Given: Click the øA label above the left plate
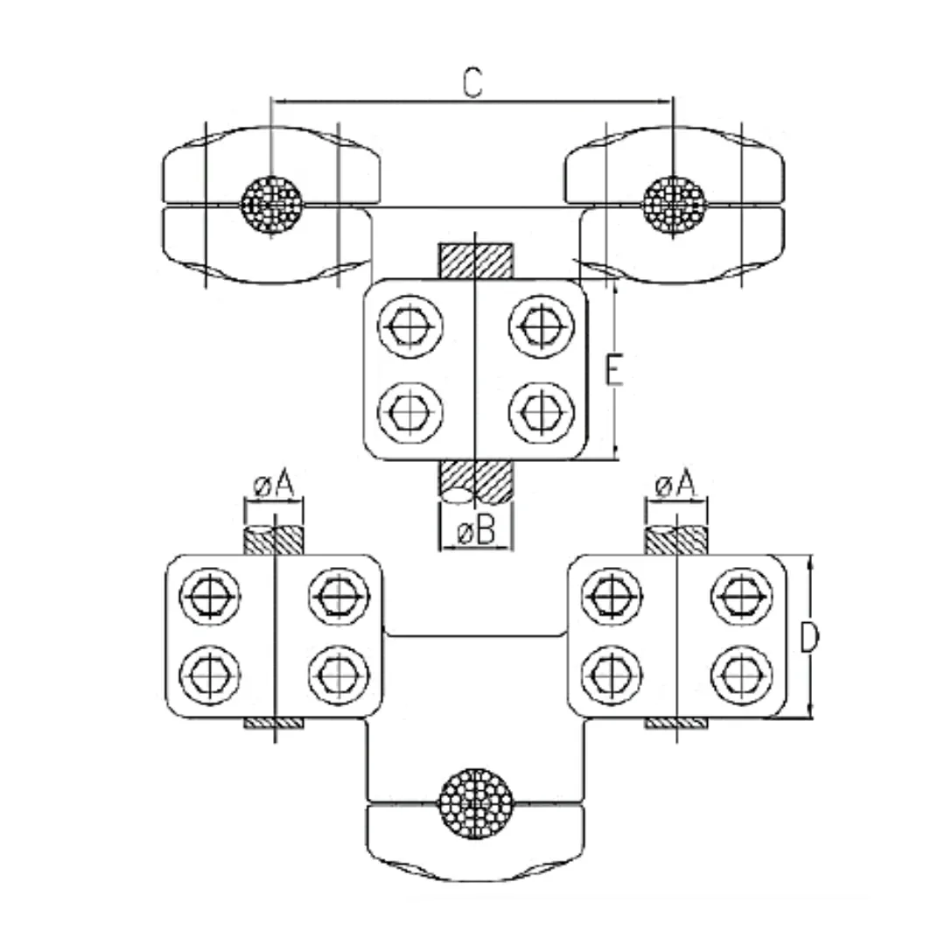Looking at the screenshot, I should click(x=274, y=483).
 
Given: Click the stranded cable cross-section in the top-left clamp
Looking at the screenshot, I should click(x=272, y=204).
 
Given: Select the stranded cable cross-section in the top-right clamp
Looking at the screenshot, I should click(x=673, y=204).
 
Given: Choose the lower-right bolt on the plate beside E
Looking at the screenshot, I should click(x=540, y=409).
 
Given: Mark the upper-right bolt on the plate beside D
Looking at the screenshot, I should click(x=741, y=596).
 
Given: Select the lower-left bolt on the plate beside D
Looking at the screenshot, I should click(x=612, y=674).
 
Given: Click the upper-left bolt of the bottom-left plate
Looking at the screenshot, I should click(x=210, y=596).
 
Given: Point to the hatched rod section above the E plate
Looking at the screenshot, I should click(x=473, y=260).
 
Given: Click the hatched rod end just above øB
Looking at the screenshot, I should click(x=473, y=481).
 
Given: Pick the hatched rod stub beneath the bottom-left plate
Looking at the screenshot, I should click(x=274, y=724).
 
